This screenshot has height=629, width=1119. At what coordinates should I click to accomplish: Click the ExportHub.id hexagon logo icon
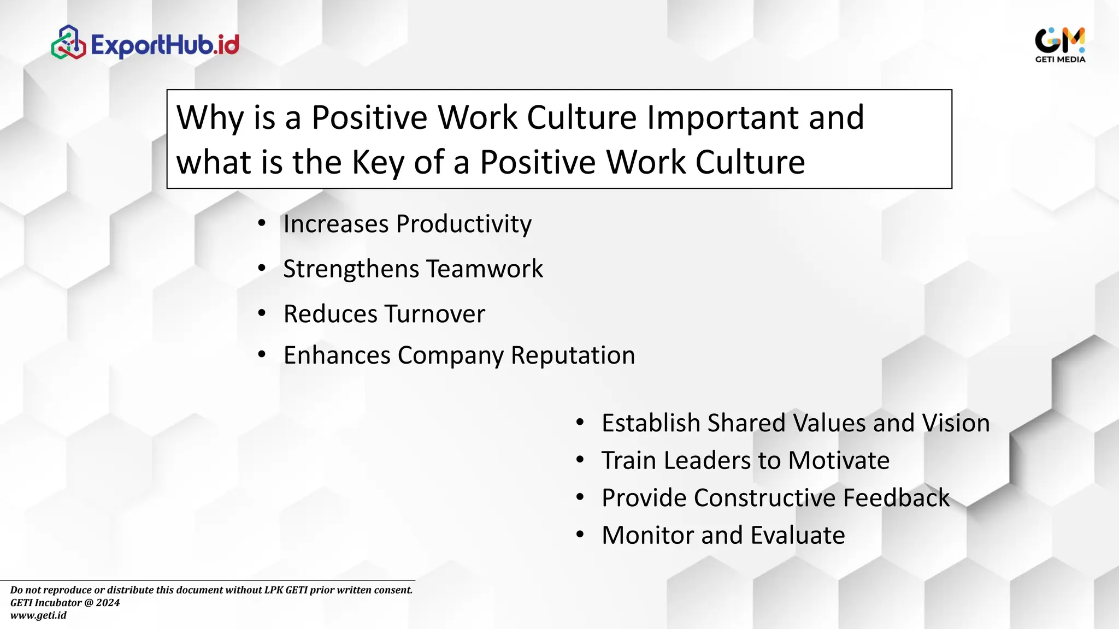click(x=68, y=43)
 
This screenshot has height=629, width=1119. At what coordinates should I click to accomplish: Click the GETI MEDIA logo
click(x=1059, y=44)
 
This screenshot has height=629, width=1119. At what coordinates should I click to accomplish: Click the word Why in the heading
click(x=210, y=117)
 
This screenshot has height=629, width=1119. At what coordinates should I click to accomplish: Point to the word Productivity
click(x=463, y=224)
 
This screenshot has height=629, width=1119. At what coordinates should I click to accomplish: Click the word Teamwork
click(x=484, y=269)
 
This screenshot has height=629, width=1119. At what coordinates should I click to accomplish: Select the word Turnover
click(x=434, y=314)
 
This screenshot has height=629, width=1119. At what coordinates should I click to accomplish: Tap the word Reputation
click(x=573, y=355)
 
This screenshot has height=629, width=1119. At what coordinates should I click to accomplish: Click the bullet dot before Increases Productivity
click(x=262, y=223)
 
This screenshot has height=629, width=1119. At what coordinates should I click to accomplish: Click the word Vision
click(x=956, y=423)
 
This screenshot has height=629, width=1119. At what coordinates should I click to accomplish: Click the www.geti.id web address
click(x=38, y=615)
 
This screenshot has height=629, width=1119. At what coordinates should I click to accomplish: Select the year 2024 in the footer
click(x=108, y=603)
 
